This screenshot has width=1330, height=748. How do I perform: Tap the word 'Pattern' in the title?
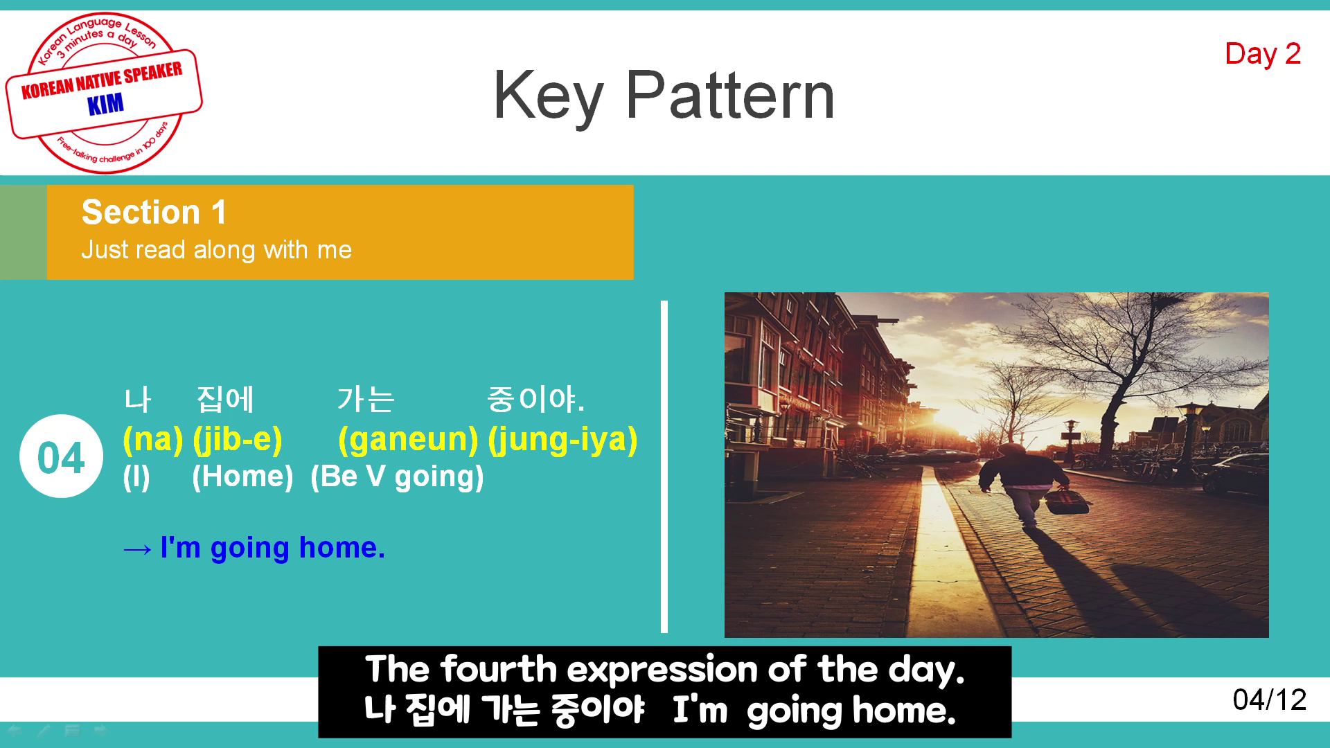click(730, 96)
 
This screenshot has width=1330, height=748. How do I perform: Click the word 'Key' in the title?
click(548, 97)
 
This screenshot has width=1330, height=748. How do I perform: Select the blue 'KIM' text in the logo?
click(105, 105)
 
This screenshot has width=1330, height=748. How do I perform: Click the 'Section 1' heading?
click(154, 212)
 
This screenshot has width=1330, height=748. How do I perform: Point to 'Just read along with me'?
click(216, 250)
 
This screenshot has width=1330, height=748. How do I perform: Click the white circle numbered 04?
click(62, 456)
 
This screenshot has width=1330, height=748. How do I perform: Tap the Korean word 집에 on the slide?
click(226, 400)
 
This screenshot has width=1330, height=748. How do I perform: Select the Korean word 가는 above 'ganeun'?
click(366, 400)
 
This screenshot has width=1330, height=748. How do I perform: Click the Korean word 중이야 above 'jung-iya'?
click(535, 400)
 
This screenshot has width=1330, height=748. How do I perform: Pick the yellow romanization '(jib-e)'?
click(238, 440)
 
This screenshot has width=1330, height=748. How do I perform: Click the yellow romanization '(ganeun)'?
click(408, 440)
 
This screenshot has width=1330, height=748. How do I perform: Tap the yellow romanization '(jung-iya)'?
click(562, 440)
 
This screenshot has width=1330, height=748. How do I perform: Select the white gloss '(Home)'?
click(242, 477)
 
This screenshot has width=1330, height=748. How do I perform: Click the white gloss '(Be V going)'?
click(397, 477)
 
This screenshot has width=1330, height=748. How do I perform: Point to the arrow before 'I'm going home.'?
click(137, 549)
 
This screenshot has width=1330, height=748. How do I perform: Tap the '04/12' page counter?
click(1270, 700)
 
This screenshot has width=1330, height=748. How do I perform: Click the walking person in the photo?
click(1013, 485)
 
